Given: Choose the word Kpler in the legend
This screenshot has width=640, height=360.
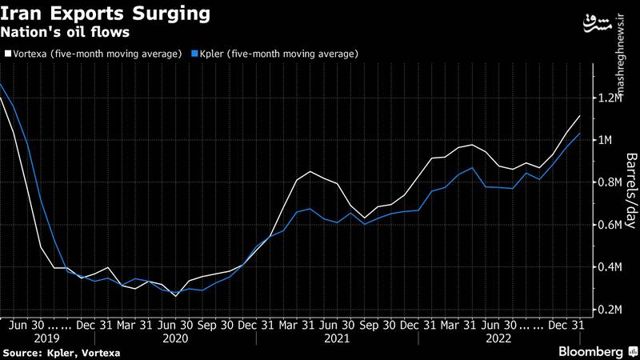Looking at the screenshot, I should tap(217, 54).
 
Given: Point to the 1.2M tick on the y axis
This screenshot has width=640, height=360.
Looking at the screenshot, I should tap(610, 98).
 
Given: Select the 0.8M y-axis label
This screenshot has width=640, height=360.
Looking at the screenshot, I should tap(610, 183).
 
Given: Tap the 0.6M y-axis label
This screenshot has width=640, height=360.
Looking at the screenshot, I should tap(610, 226).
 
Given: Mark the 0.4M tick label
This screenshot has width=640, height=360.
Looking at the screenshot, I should tap(610, 267).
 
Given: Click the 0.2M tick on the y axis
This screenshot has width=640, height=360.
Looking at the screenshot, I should tap(610, 310).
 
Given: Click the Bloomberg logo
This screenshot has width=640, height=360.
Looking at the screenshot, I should tap(590, 352).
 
